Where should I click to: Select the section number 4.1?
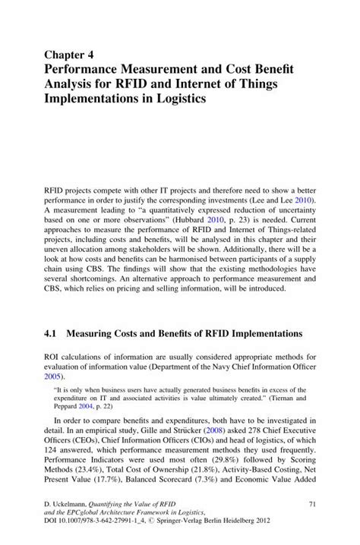pyautogui.click(x=56, y=332)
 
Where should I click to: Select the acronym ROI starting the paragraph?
pyautogui.click(x=56, y=355)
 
